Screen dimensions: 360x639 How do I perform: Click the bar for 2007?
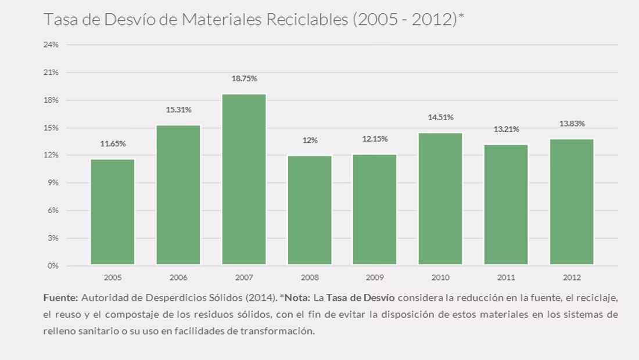click(x=244, y=179)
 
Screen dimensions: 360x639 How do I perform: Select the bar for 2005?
click(x=113, y=212)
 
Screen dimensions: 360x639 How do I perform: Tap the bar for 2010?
click(x=440, y=199)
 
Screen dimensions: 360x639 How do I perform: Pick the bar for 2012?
click(x=572, y=201)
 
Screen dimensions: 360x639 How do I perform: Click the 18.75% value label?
click(x=244, y=78)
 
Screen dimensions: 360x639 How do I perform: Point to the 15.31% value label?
click(x=178, y=110)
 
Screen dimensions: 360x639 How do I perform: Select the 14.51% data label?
click(x=440, y=117)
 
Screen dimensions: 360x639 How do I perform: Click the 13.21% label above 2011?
click(x=506, y=129)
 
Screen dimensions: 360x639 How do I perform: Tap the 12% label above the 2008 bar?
click(x=310, y=141)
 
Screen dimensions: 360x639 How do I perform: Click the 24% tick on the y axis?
click(x=51, y=45)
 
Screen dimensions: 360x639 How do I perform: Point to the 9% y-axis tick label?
click(x=53, y=183)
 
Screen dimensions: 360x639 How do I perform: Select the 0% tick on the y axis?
click(x=53, y=266)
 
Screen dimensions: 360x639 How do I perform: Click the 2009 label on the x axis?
click(x=375, y=278)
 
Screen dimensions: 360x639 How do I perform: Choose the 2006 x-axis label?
click(x=178, y=278)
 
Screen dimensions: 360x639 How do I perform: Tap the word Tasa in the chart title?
click(x=61, y=19)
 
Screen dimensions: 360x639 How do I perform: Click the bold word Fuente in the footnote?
click(x=60, y=298)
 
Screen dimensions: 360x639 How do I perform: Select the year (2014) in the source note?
click(x=260, y=298)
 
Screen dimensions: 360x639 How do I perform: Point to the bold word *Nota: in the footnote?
click(x=295, y=298)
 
